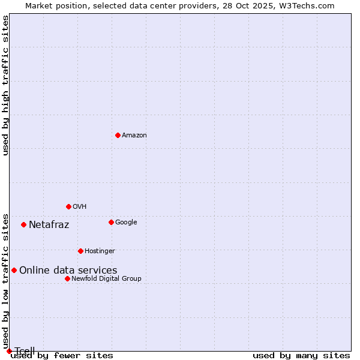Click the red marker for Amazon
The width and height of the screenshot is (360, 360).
(118, 135)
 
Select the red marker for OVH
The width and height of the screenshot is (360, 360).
(68, 206)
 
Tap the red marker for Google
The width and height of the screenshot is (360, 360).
(111, 222)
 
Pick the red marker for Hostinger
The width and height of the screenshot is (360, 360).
(80, 251)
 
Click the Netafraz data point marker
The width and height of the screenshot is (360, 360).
(23, 224)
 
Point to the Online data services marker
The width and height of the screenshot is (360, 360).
(14, 270)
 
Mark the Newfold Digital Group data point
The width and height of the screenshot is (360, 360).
(67, 278)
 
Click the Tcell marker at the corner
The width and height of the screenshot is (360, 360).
(9, 351)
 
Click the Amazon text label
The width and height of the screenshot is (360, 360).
(134, 135)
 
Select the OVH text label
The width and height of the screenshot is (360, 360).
(80, 206)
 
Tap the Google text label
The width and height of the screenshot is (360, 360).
(126, 222)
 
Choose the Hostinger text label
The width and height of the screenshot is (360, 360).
(100, 251)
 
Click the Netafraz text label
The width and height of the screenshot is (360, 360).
(49, 225)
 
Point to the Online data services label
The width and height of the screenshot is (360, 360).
(68, 271)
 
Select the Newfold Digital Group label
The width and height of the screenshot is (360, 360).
(106, 278)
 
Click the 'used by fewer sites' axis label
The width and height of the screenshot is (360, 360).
(62, 356)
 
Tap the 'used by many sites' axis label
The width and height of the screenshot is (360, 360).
(301, 356)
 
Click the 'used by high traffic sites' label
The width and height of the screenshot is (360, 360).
(6, 85)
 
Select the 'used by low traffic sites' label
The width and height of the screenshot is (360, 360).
(6, 281)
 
